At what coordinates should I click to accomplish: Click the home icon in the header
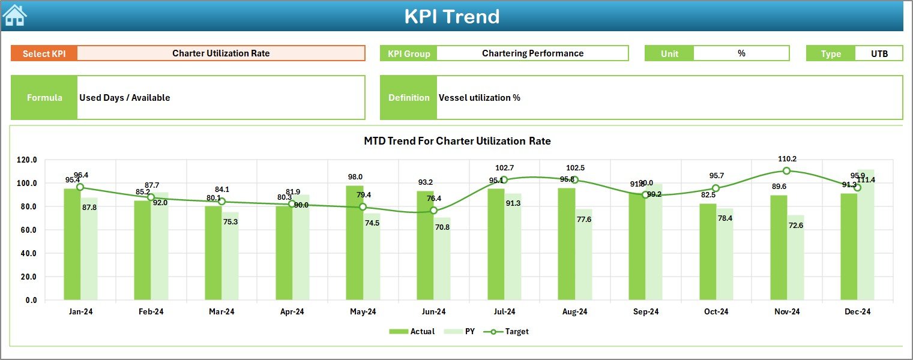[14, 15]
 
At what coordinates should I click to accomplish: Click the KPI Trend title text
[452, 16]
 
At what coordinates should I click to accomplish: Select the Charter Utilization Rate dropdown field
[221, 53]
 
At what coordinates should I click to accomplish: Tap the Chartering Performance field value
[532, 53]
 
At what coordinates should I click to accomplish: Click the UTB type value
[879, 53]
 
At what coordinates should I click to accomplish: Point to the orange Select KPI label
[44, 53]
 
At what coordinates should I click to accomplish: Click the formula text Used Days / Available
[125, 98]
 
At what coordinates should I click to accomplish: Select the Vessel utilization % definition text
[479, 98]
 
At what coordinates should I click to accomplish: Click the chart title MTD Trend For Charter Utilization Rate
[457, 141]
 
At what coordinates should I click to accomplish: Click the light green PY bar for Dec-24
[866, 235]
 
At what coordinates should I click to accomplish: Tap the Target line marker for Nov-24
[786, 171]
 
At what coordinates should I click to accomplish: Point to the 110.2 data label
[786, 159]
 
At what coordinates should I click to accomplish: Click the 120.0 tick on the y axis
[27, 160]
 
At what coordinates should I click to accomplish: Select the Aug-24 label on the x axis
[574, 311]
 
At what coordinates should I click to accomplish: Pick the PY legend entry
[462, 331]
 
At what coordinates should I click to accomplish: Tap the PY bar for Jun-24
[442, 259]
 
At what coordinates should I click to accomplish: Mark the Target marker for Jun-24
[433, 211]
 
